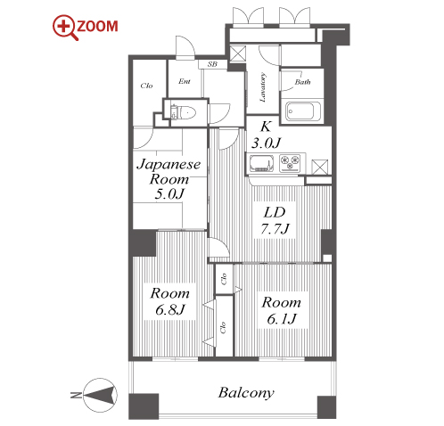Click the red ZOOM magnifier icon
(65, 28)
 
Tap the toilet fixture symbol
(183, 112)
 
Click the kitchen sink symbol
(261, 163)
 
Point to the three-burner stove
(290, 163)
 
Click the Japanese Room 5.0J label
(169, 179)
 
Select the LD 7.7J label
(275, 220)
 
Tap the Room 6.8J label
(170, 301)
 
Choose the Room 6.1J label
(281, 310)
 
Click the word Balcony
(246, 393)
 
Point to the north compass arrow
(100, 395)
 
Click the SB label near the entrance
(212, 64)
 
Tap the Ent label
(185, 81)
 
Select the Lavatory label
(263, 87)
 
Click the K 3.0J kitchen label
(266, 135)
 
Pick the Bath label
(302, 82)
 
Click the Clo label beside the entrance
(146, 86)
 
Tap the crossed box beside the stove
(320, 167)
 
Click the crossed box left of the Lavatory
(238, 53)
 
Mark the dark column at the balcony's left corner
(144, 406)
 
